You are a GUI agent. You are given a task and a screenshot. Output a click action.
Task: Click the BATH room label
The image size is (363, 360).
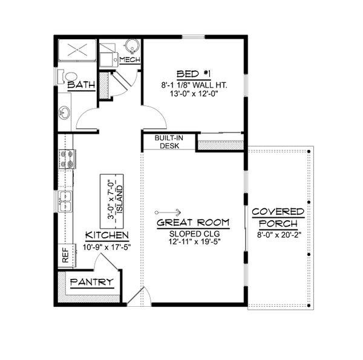tap(81, 85)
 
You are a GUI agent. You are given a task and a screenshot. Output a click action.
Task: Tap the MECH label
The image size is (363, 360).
tap(130, 59)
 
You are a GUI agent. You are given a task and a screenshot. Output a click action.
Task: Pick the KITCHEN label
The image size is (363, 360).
tap(106, 235)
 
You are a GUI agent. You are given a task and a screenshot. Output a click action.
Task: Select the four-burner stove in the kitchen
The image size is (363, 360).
tap(67, 160)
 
